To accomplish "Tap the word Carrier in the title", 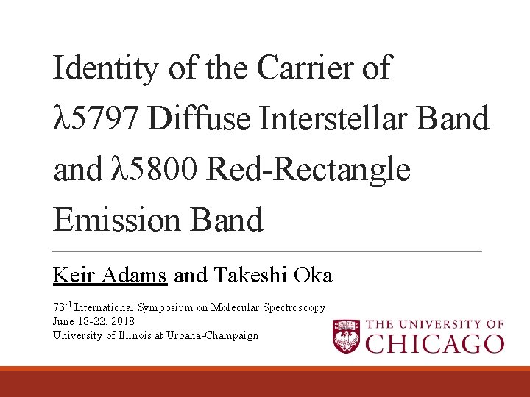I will pyautogui.click(x=312, y=69).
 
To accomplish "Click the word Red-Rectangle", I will pyautogui.click(x=309, y=170).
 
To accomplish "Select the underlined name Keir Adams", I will pyautogui.click(x=110, y=276).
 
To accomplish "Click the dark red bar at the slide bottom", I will pyautogui.click(x=265, y=384).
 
